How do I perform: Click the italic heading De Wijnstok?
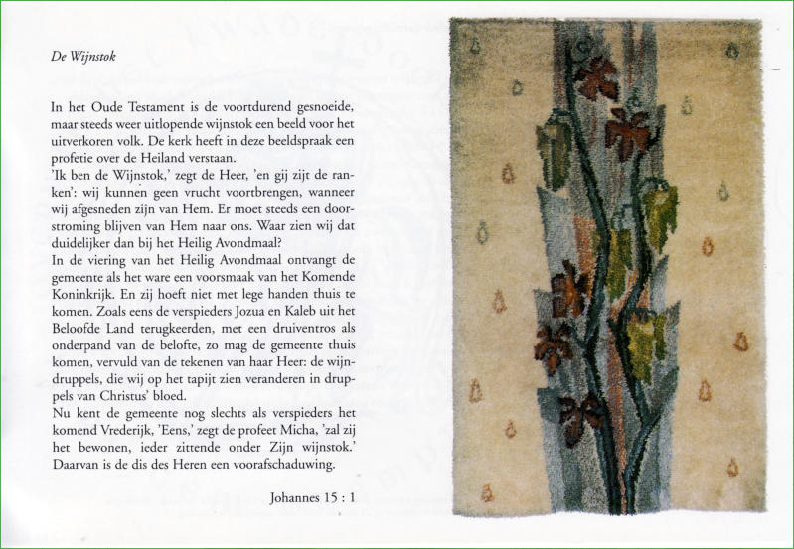pos(82,57)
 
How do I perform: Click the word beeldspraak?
pos(291,140)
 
